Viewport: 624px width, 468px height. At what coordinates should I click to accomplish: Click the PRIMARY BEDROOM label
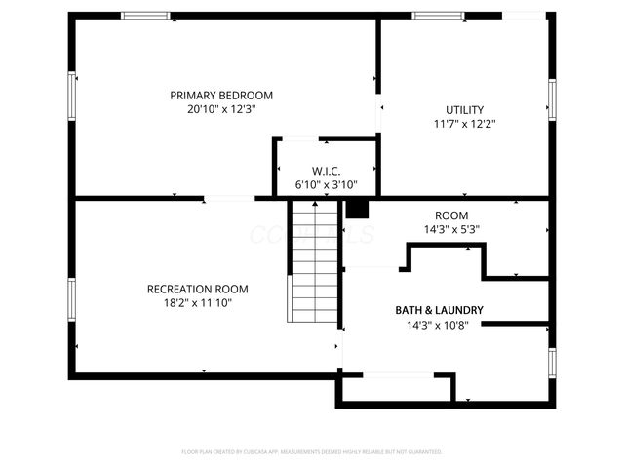coord(221,96)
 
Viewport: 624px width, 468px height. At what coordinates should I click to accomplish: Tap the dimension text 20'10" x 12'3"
coord(221,110)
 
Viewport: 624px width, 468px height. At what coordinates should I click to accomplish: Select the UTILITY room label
coord(464,110)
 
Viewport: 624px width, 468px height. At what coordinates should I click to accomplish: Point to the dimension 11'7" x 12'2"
coord(464,125)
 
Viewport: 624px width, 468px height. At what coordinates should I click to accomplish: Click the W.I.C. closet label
coord(326,171)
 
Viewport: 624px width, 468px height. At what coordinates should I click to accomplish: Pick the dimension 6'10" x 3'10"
coord(326,184)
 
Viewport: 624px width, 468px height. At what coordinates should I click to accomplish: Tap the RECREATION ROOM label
coord(197,289)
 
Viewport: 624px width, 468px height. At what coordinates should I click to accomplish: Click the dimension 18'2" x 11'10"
coord(197,303)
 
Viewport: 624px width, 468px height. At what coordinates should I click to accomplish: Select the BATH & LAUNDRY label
coord(439,310)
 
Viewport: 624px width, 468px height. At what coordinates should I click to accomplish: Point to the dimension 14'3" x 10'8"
coord(439,325)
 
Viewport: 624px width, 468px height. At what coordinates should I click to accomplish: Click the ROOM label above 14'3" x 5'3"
coord(451,215)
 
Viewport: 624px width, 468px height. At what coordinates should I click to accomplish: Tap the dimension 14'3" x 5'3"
coord(451,230)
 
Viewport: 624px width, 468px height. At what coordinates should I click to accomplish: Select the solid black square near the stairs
coord(357,208)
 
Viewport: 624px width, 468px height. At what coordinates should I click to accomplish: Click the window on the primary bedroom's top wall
coord(144,16)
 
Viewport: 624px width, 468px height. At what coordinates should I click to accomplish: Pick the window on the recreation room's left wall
coord(72,297)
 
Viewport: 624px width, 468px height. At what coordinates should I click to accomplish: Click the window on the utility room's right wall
coord(552,103)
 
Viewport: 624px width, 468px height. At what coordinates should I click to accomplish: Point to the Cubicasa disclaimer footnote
coord(312,451)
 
